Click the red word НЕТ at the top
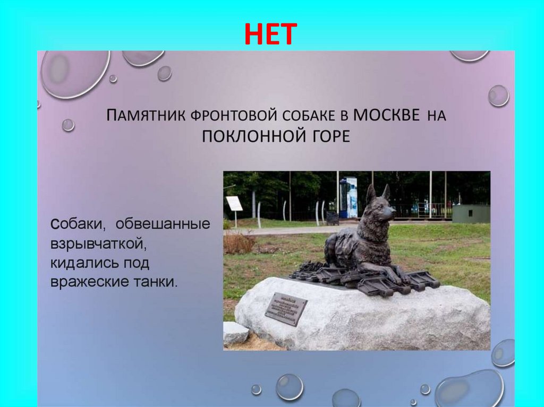(x=271, y=35)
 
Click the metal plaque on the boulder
(x=286, y=308)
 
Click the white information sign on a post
(x=234, y=204)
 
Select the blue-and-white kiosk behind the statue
(x=348, y=197)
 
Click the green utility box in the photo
(x=471, y=213)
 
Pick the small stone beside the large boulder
(x=235, y=333)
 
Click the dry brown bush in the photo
(x=239, y=244)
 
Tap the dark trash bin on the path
(x=332, y=218)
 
